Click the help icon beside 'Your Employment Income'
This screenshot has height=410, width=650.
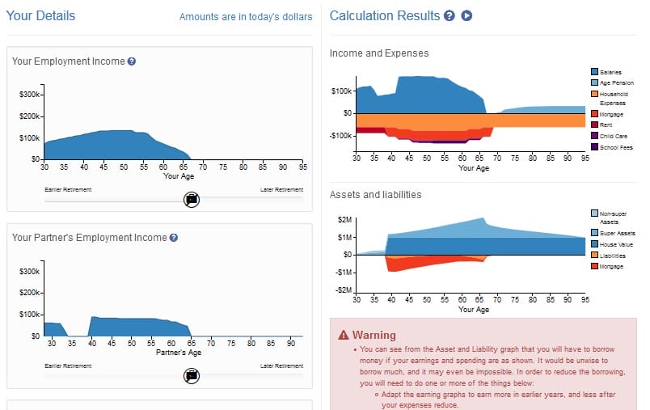pyautogui.click(x=132, y=61)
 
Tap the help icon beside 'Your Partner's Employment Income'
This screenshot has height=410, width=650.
pyautogui.click(x=174, y=238)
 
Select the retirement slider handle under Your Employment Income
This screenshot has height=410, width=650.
pyautogui.click(x=192, y=199)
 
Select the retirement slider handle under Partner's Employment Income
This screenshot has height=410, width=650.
pyautogui.click(x=192, y=375)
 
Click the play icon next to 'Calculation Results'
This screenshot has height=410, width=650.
pyautogui.click(x=466, y=16)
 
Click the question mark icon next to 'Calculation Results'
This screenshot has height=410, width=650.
pyautogui.click(x=450, y=16)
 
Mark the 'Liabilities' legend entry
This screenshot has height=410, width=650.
pyautogui.click(x=612, y=256)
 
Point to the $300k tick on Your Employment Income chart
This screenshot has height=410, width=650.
pyautogui.click(x=27, y=95)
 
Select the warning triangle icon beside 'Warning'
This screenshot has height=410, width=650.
pyautogui.click(x=344, y=335)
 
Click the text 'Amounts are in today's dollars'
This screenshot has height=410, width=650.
pyautogui.click(x=245, y=17)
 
